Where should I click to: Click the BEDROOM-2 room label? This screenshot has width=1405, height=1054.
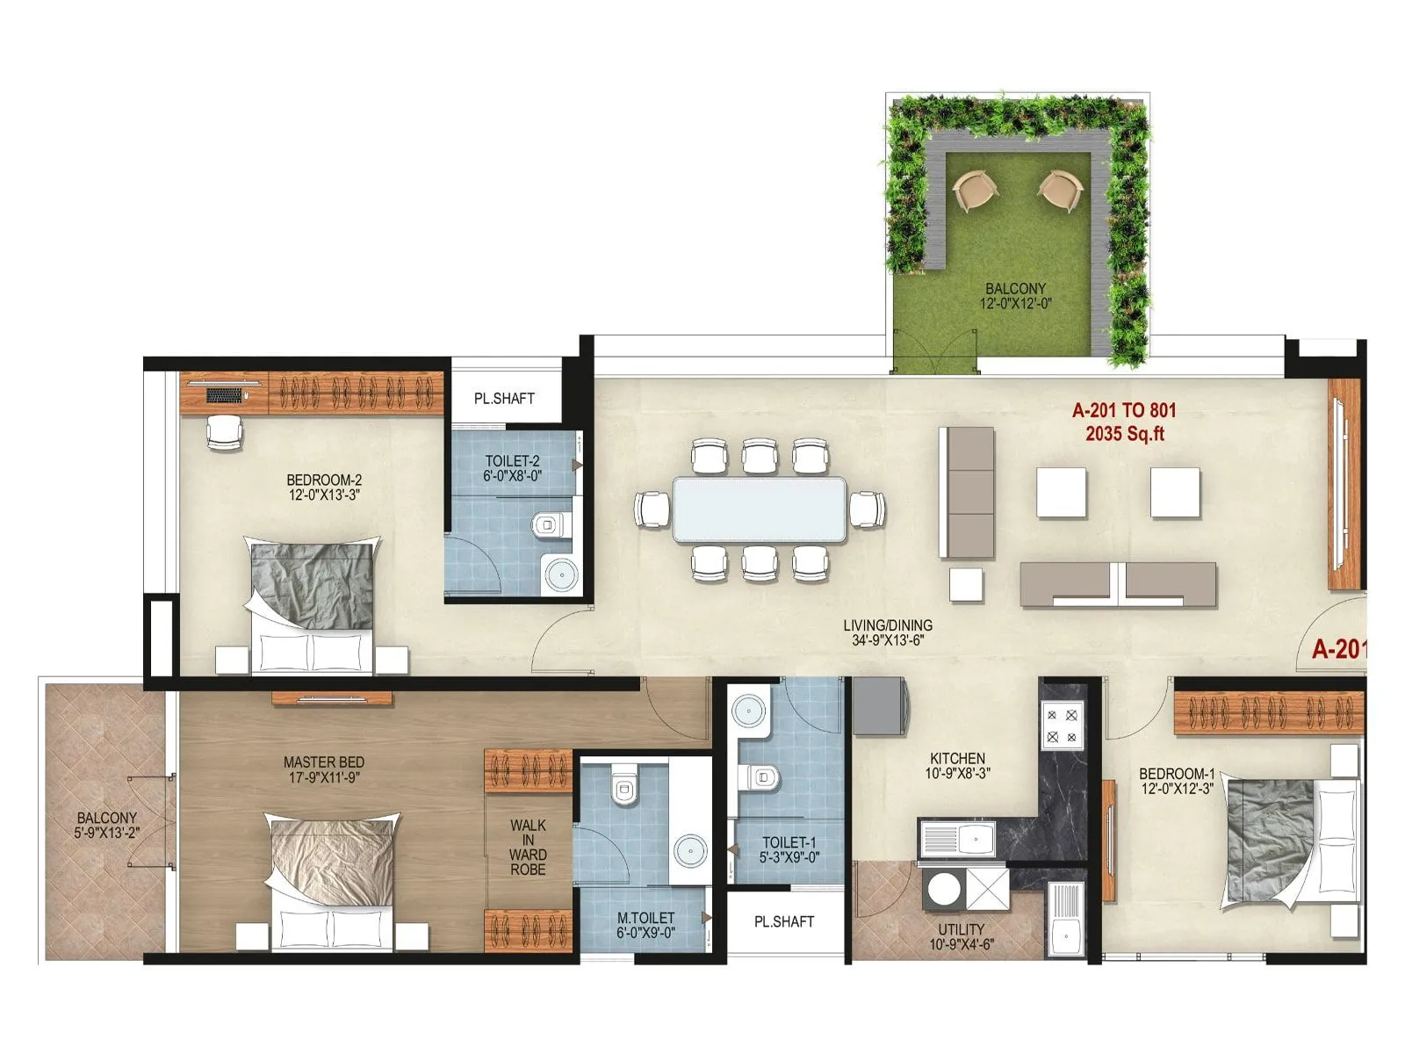click(x=324, y=480)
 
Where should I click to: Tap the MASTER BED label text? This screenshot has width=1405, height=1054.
click(x=324, y=762)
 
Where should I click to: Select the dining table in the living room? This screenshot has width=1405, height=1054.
click(x=760, y=509)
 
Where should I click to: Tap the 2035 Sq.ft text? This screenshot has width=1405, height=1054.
click(x=1124, y=434)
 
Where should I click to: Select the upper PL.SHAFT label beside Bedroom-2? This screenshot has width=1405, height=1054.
click(x=504, y=399)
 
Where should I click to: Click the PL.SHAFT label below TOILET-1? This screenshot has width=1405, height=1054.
click(x=784, y=921)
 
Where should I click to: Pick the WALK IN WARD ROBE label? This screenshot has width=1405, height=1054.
click(x=528, y=847)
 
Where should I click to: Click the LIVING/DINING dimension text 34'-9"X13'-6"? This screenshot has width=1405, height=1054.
click(x=888, y=640)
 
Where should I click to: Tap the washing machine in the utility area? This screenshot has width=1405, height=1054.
click(x=944, y=888)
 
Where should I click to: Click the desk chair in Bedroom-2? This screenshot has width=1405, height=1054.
click(x=224, y=431)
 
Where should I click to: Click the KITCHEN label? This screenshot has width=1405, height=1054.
click(x=957, y=758)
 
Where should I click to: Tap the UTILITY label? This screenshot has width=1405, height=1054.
click(x=962, y=929)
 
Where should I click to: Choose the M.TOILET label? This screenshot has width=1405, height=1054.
click(x=645, y=918)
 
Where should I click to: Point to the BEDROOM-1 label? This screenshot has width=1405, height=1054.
click(x=1177, y=774)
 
